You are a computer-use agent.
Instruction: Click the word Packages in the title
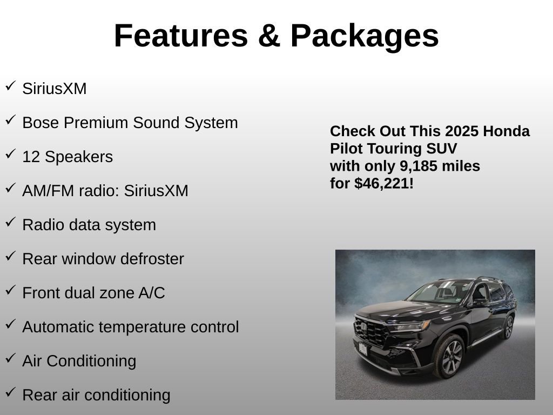[x=365, y=36]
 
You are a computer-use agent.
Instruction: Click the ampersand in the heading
[x=268, y=36]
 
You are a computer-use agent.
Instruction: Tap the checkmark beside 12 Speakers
[x=10, y=155]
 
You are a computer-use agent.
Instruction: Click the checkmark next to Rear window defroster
[x=10, y=257]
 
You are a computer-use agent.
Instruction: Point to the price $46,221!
[x=384, y=183]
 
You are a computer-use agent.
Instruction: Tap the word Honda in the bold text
[x=507, y=131]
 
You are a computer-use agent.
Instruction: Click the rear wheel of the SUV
[x=508, y=327]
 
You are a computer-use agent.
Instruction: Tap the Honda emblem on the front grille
[x=364, y=326]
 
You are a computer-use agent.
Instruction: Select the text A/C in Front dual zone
[x=152, y=293]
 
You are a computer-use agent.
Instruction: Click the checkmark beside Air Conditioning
[x=10, y=359]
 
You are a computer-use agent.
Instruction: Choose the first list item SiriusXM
[x=54, y=89]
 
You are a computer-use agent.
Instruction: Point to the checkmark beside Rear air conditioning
[x=10, y=393]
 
